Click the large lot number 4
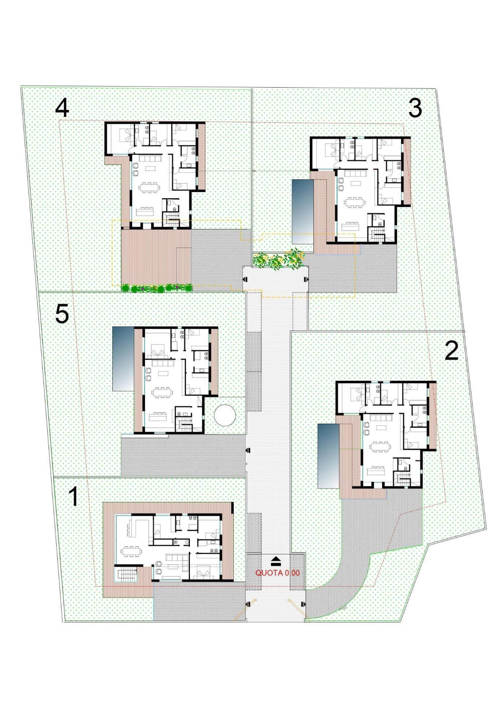(x=62, y=109)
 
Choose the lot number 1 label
(x=73, y=497)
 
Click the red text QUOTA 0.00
(x=277, y=573)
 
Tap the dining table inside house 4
(x=149, y=187)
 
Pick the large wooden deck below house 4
(x=156, y=257)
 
